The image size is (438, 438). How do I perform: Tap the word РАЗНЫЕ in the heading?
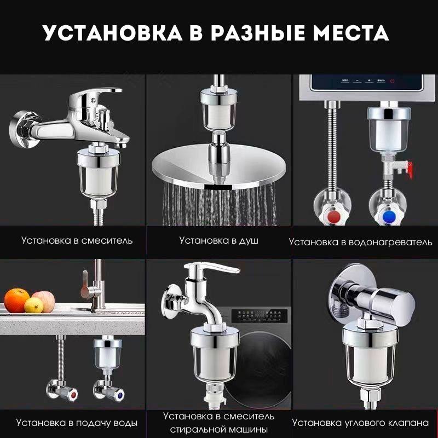click(257, 33)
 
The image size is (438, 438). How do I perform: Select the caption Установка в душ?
click(218, 240)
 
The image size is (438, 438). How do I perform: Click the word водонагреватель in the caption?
click(390, 242)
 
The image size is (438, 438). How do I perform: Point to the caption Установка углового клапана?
click(360, 423)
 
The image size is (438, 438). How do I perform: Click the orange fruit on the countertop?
click(16, 301)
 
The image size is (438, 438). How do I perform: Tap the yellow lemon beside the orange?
click(34, 305)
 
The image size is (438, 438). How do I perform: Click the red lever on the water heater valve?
click(409, 169)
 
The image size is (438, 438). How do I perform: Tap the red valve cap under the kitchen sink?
click(74, 395)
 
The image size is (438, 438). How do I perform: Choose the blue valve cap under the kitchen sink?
click(120, 395)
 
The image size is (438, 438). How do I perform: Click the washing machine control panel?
click(260, 316)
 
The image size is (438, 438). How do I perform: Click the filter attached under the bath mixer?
click(99, 173)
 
